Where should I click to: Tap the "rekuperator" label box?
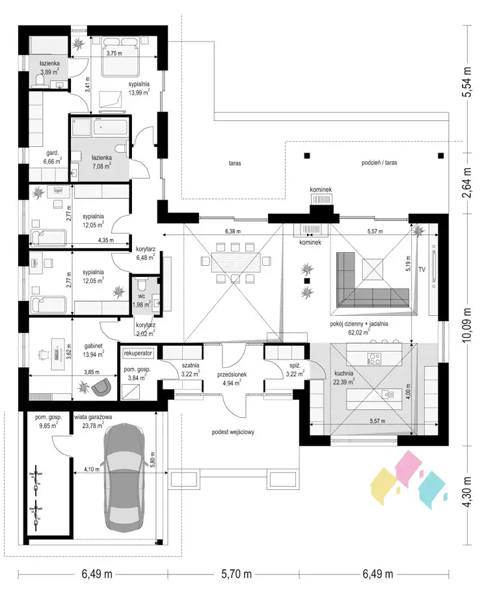point(139,354)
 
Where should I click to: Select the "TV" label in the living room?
point(422,269)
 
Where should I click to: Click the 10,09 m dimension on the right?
point(468,325)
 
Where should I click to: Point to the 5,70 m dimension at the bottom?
point(236,574)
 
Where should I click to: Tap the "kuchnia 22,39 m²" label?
point(344,378)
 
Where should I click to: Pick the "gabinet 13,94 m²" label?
point(93,350)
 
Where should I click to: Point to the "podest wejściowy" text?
point(233,432)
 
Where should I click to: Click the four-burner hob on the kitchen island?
point(375,358)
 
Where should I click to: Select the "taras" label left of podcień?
point(235,163)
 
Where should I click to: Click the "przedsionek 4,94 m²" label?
point(232,379)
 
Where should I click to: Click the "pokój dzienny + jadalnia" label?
point(359,324)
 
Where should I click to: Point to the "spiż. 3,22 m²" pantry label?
point(295,370)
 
